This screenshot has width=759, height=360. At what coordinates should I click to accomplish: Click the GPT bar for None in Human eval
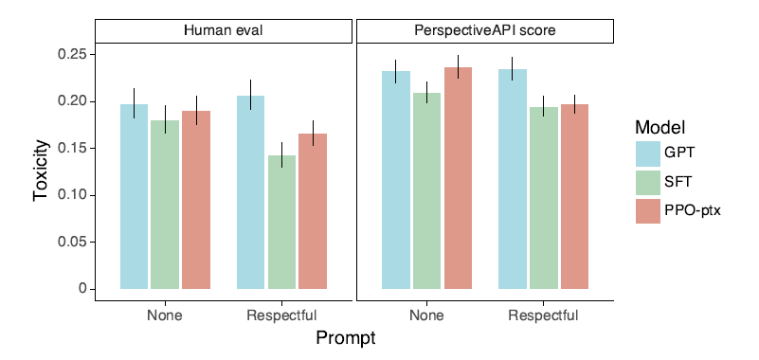click(x=135, y=196)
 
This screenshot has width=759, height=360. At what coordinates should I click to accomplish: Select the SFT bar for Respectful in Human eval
click(x=281, y=222)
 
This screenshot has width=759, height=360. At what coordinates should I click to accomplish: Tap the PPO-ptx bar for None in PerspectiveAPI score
click(x=458, y=178)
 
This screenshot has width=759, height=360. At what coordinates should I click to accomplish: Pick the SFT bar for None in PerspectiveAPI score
click(x=427, y=191)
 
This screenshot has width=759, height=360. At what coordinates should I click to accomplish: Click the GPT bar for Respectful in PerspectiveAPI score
click(x=513, y=179)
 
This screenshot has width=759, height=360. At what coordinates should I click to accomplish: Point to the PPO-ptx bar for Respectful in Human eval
click(x=313, y=211)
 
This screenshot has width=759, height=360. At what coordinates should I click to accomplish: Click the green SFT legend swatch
click(x=648, y=183)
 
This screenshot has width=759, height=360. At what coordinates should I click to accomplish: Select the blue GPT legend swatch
click(x=648, y=153)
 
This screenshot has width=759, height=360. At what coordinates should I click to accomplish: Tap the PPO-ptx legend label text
click(x=690, y=211)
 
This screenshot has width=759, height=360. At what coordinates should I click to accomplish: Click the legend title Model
click(x=660, y=128)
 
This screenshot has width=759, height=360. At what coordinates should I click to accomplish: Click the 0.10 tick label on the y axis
click(x=73, y=195)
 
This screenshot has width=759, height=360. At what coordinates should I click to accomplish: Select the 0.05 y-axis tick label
click(x=73, y=243)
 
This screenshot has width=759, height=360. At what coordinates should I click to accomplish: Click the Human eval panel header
click(x=223, y=31)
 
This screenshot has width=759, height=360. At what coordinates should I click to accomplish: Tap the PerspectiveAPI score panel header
click(x=485, y=31)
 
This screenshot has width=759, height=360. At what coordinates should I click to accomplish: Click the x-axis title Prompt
click(x=346, y=338)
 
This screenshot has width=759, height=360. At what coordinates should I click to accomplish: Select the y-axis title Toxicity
click(x=42, y=171)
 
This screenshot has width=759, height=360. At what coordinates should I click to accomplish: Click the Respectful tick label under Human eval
click(x=281, y=316)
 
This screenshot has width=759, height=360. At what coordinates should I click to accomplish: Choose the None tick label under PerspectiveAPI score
click(x=427, y=316)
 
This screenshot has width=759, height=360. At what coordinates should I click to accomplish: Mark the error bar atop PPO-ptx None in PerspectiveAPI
click(x=459, y=66)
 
